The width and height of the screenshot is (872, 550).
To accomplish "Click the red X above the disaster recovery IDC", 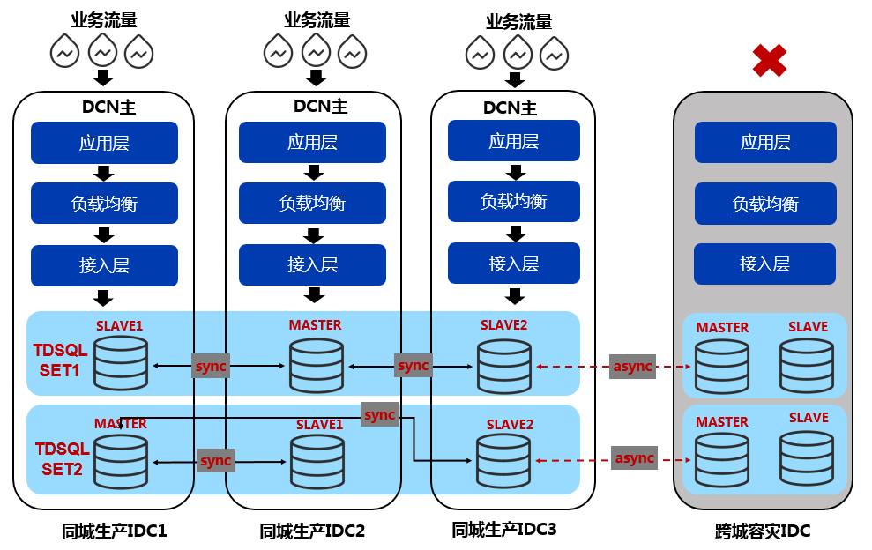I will [769, 60].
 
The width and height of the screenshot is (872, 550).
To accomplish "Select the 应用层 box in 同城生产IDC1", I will [104, 143].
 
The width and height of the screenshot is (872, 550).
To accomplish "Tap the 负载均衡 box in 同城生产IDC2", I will [312, 204].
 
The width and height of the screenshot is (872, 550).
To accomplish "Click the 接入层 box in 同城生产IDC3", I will [513, 263].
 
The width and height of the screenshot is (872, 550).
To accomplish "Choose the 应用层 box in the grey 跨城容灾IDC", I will [764, 143].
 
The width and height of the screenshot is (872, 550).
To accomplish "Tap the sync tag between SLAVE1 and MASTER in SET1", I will [211, 366].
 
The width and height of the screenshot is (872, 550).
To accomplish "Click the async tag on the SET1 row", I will [633, 366].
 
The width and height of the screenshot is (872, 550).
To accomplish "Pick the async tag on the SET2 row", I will [634, 458].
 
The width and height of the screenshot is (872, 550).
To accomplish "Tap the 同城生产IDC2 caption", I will [312, 531].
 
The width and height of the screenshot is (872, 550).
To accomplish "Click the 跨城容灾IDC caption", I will [763, 531].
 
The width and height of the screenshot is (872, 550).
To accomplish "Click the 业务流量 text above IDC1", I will [104, 19].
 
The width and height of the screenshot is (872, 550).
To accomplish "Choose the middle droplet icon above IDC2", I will [316, 52].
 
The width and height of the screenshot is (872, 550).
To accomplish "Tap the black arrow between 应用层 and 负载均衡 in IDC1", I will [103, 173].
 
